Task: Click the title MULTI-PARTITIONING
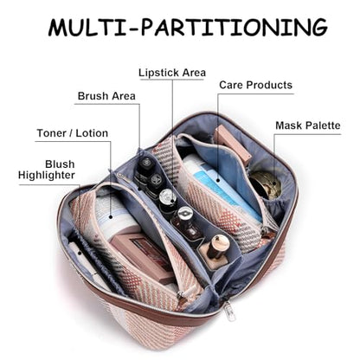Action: tap(188, 27)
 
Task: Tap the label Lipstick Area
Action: tap(172, 73)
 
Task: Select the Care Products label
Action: tap(255, 85)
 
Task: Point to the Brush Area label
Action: tap(106, 96)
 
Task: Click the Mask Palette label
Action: tap(308, 125)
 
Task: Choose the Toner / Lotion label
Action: tap(73, 133)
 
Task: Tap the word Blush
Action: tap(60, 164)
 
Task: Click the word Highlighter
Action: tap(47, 175)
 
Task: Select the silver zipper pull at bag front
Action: tap(230, 311)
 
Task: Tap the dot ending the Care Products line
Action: tap(218, 181)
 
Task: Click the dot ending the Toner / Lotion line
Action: tap(111, 216)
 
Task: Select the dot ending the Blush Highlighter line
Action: tap(80, 254)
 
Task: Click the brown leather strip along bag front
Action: tap(162, 313)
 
